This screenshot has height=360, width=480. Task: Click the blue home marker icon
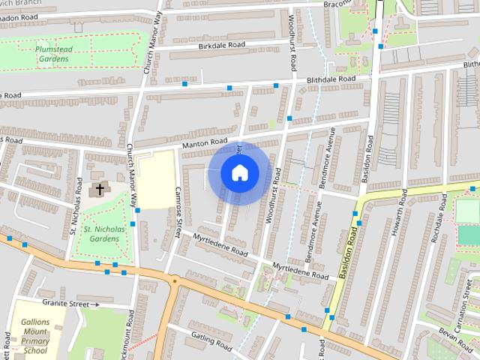[x=239, y=173]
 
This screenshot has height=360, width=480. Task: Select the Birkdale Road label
[x=223, y=46]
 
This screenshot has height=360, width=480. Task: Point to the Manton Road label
[x=205, y=142]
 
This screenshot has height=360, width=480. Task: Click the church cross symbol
[x=98, y=190]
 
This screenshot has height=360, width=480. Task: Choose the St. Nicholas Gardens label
[x=100, y=233]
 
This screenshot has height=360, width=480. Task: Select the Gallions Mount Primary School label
[x=35, y=330]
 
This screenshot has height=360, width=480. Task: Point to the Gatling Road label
[x=212, y=341]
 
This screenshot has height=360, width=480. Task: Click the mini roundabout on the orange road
[x=175, y=280]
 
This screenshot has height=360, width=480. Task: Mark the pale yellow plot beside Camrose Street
[x=156, y=179]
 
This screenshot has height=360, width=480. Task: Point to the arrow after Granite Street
[x=95, y=304]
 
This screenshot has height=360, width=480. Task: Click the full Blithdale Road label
[x=330, y=79]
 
